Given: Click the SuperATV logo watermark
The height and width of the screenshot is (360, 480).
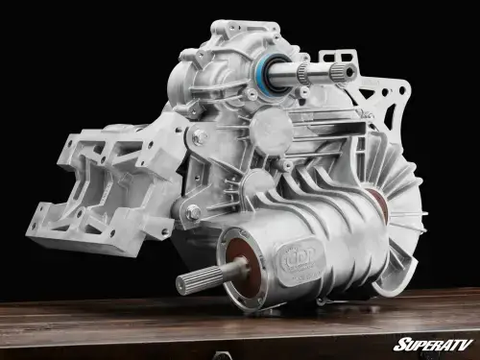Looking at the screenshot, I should click(x=432, y=344).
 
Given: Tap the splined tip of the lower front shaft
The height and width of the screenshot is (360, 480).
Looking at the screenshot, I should click(x=187, y=282).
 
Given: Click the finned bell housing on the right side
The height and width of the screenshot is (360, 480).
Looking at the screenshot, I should click(x=398, y=211).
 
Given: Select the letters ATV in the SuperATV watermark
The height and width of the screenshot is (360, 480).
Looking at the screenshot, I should click(x=456, y=344).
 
